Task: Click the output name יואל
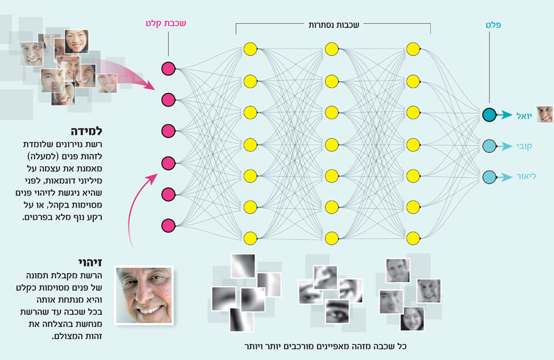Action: [x=523, y=115]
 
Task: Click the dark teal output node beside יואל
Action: [x=489, y=115]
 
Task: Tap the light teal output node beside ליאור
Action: [x=489, y=177]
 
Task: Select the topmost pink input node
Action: [x=168, y=69]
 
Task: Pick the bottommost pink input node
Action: [x=168, y=224]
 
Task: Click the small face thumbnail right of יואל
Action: [x=544, y=114]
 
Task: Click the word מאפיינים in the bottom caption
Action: [x=346, y=347]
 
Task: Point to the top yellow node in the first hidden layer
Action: [x=250, y=49]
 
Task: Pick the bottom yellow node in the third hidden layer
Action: [x=413, y=237]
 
